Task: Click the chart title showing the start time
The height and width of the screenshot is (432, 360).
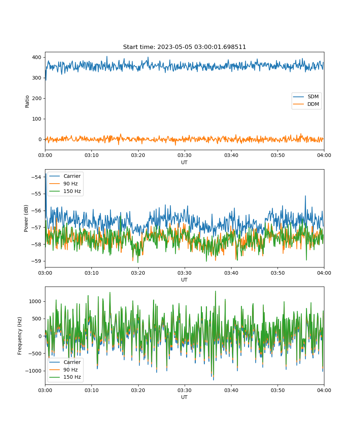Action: [184, 47]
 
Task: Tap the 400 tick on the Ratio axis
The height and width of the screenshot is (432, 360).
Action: [37, 57]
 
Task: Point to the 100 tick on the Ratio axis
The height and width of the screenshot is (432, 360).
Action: [37, 119]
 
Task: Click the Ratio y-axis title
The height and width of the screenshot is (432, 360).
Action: [27, 102]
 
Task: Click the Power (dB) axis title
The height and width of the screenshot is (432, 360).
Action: [26, 218]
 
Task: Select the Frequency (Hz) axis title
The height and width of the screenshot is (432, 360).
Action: [19, 336]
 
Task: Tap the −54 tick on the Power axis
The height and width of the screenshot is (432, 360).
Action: [36, 177]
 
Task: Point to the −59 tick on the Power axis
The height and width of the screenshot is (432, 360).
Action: [36, 261]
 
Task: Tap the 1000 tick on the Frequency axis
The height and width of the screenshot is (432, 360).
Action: [35, 301]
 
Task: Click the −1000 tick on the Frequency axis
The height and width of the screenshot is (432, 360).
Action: [33, 371]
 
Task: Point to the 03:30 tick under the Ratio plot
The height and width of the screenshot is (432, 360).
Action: [184, 155]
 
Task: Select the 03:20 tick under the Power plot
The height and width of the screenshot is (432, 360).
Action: [138, 273]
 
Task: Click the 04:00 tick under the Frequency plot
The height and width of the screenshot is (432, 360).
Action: [324, 390]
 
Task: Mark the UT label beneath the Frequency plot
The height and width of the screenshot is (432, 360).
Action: [184, 397]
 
